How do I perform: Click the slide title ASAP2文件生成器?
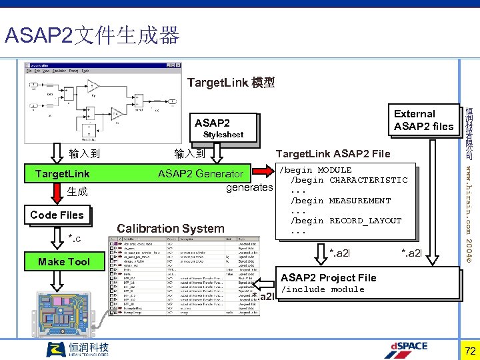92,35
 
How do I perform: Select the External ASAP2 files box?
423,120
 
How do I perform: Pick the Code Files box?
57,215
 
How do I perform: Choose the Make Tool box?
64,261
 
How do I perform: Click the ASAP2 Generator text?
200,174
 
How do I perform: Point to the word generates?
249,187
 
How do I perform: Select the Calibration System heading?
171,228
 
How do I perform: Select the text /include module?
323,289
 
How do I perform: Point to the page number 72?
469,350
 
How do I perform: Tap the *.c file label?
75,238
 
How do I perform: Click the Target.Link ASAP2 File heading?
333,154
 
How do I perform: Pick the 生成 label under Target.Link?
77,192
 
